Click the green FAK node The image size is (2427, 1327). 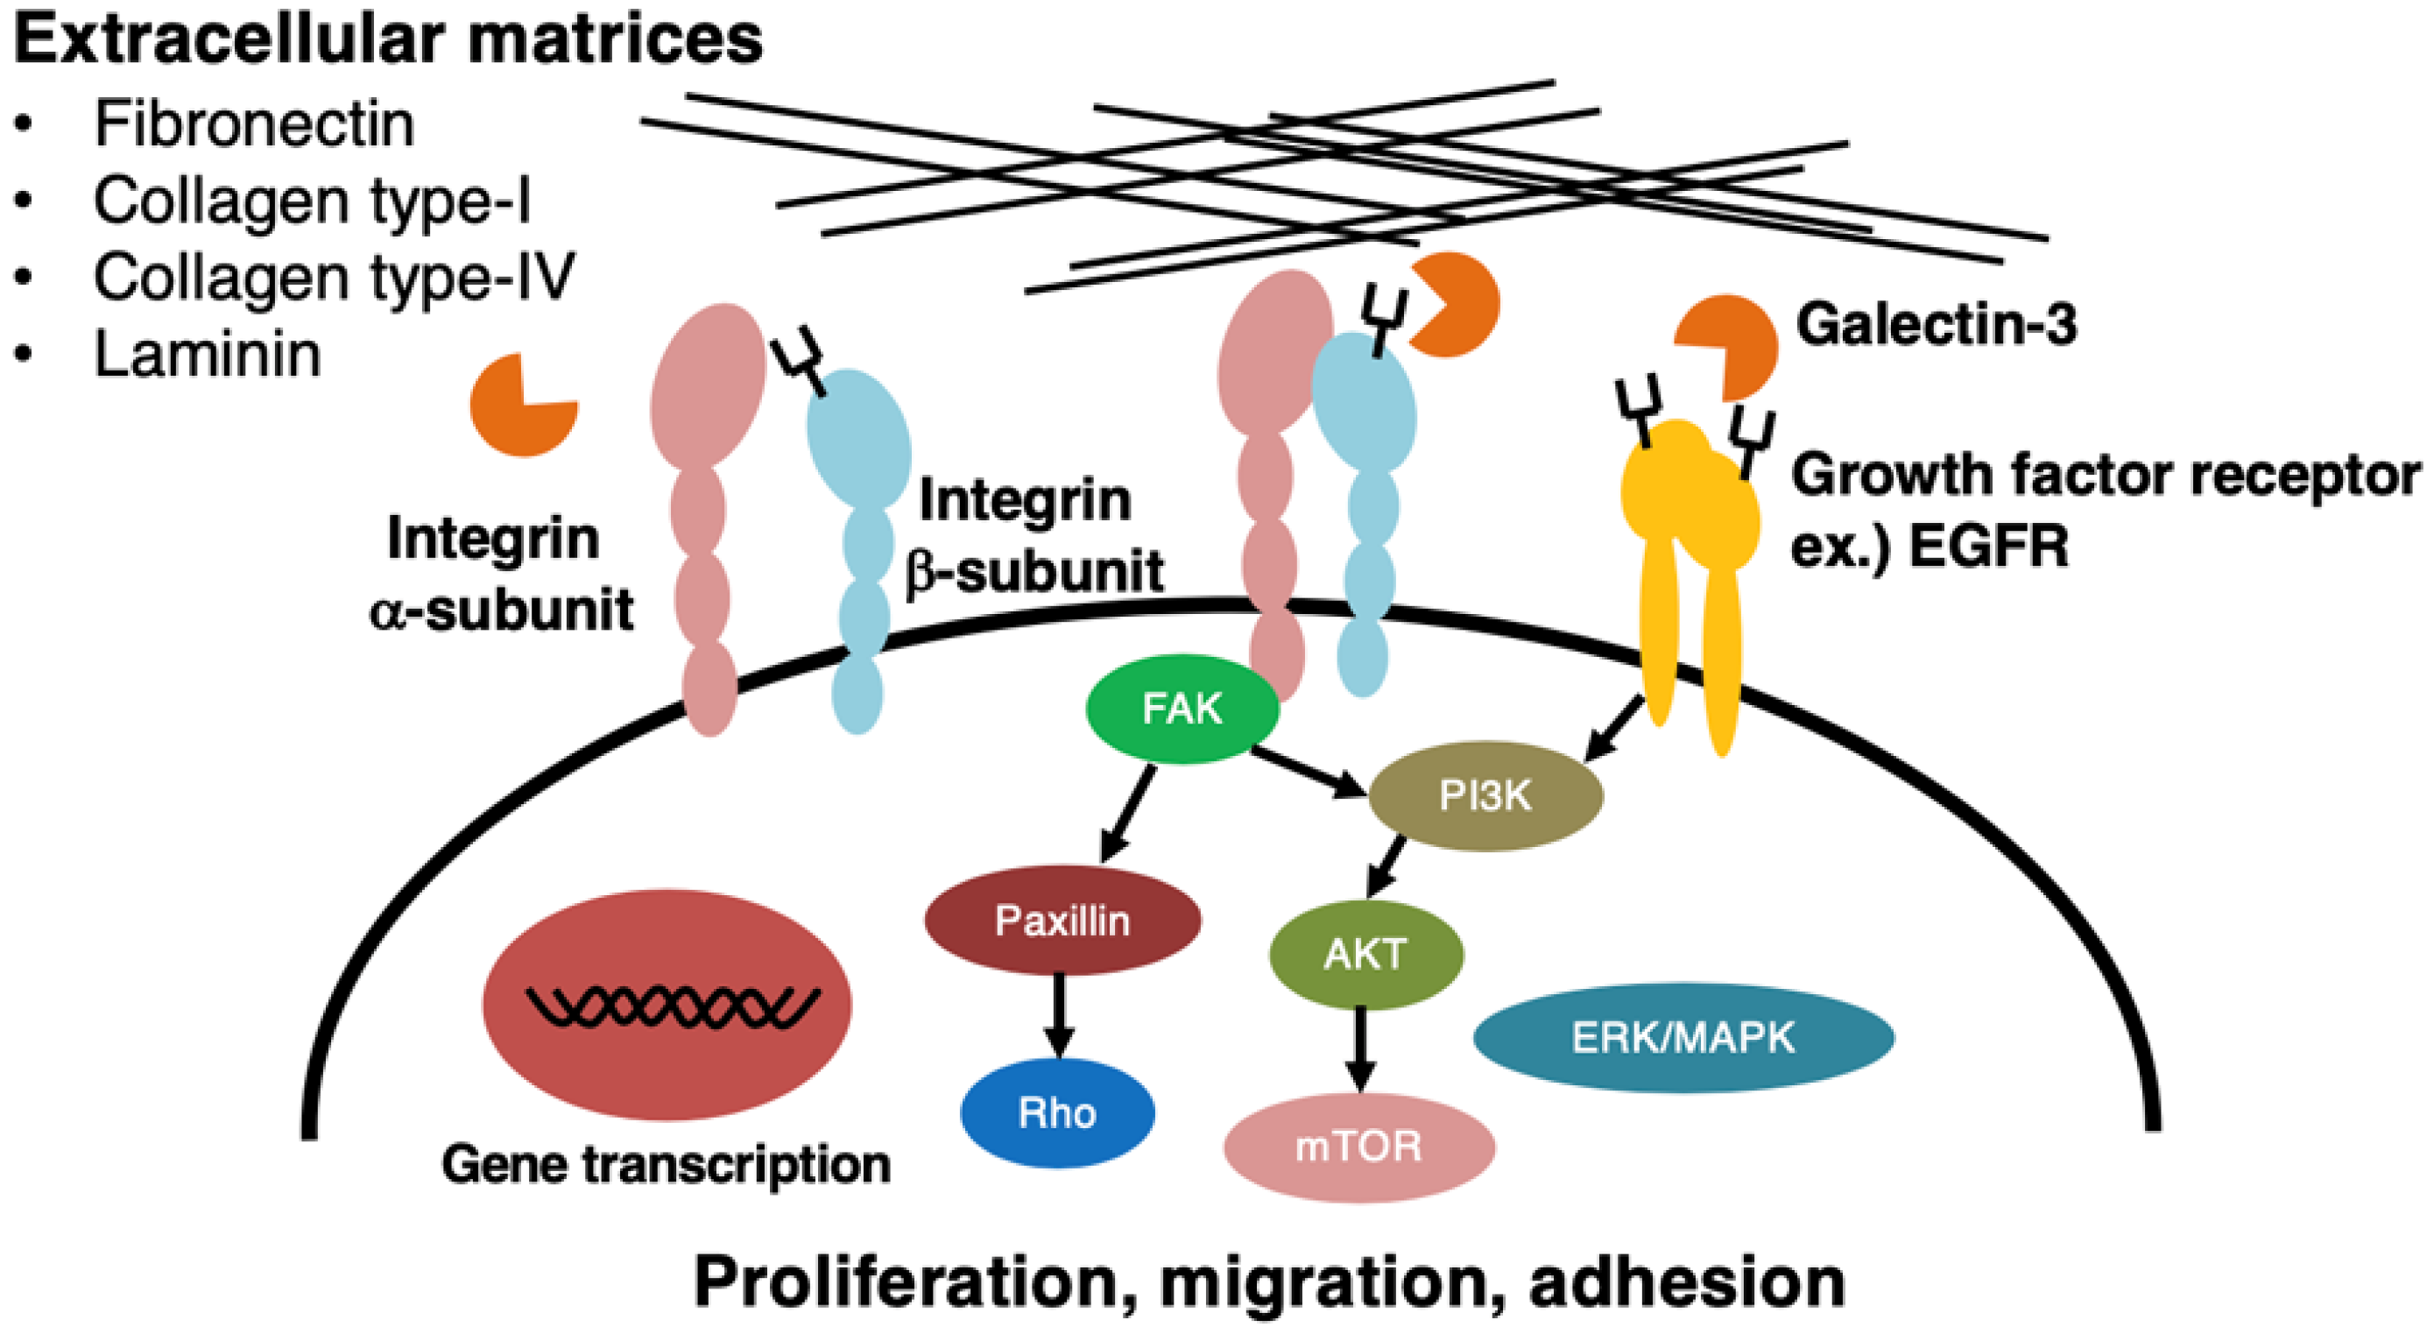tap(1182, 709)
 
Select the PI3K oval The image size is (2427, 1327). tap(1485, 796)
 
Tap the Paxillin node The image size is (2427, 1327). tap(1062, 921)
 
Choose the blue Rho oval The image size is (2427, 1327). tap(1057, 1113)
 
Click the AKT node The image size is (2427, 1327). tap(1365, 955)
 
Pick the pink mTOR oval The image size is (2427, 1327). tap(1358, 1147)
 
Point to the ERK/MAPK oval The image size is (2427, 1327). tap(1683, 1038)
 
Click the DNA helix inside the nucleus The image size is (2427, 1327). tap(672, 1007)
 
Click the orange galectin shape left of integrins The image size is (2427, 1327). tap(522, 406)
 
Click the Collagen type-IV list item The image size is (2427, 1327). tap(334, 277)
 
